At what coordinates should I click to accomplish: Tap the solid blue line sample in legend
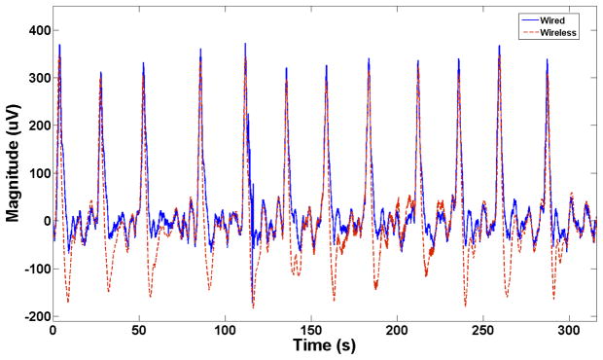click(x=531, y=18)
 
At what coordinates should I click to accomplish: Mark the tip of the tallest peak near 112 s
click(x=245, y=44)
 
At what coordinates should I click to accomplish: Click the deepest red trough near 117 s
click(x=253, y=307)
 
